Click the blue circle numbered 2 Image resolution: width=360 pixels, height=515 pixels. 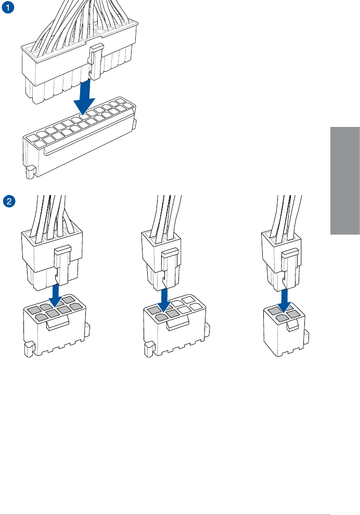(7, 200)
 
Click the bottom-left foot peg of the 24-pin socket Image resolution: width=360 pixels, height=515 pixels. (30, 170)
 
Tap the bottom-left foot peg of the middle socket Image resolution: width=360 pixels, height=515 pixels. (149, 347)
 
